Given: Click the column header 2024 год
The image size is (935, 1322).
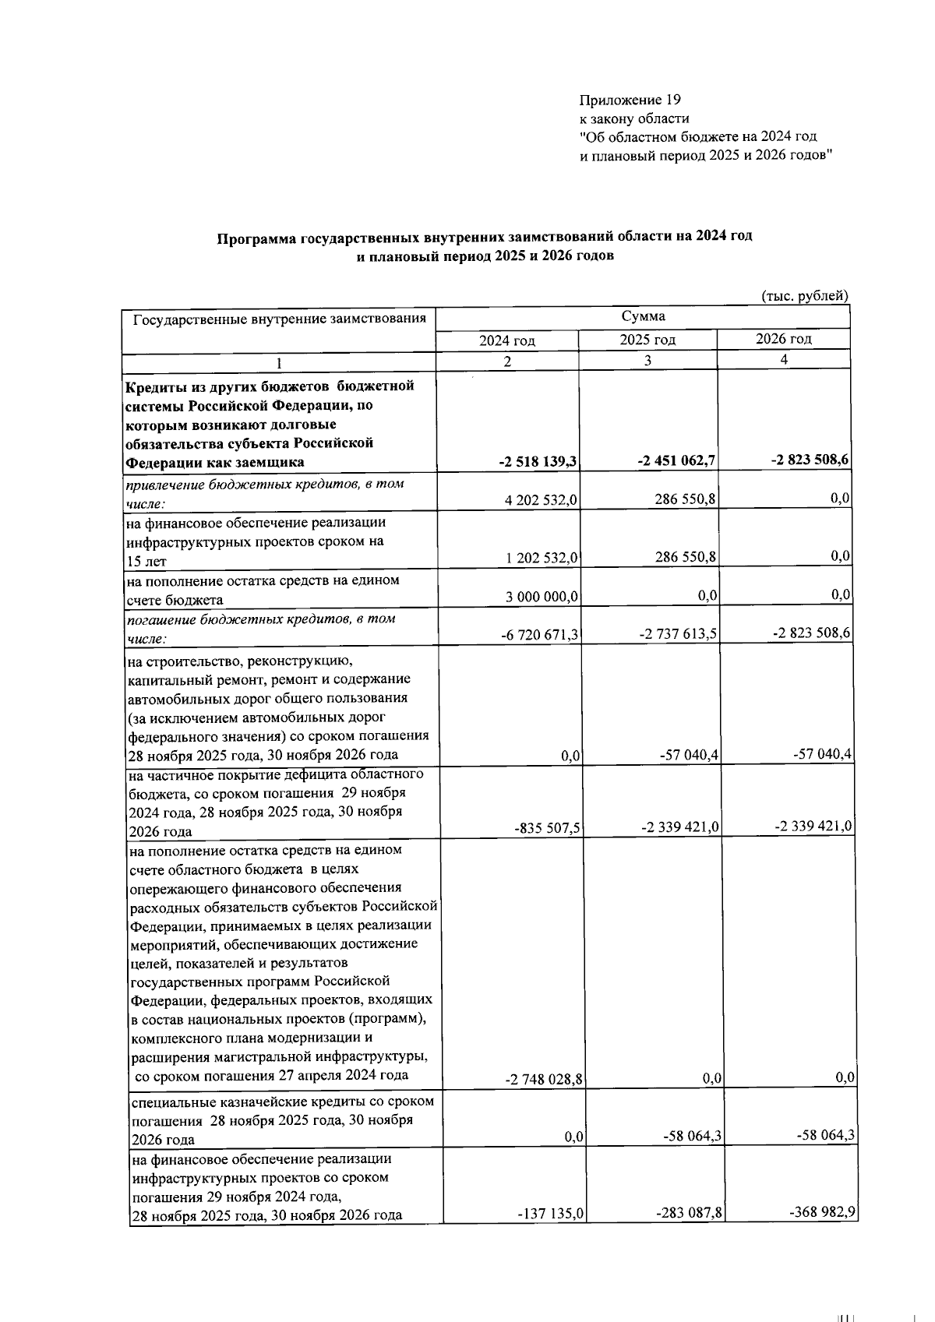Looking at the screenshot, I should pos(506,341).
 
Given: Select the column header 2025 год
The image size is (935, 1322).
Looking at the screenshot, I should pos(647,340).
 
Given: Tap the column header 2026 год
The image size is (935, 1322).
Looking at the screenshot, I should pos(783,339).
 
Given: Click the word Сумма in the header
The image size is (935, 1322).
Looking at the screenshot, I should pos(643,316).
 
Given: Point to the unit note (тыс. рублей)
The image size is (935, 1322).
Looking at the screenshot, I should pos(804,295).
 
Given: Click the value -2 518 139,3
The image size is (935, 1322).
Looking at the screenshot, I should pos(538,461).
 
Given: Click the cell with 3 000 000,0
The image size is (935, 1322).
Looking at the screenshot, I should pos(541,597).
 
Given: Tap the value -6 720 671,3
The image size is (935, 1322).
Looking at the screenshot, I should pos(539,635).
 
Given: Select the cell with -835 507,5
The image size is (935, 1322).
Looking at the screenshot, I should pos(548,828).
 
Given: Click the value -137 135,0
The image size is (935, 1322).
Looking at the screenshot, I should pos(551,1214).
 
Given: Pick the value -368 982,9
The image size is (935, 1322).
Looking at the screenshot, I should pos(822,1212).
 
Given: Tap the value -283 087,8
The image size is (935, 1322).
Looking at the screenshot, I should pos(686,1213).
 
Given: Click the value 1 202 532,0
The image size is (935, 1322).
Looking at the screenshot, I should pos(541,558).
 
